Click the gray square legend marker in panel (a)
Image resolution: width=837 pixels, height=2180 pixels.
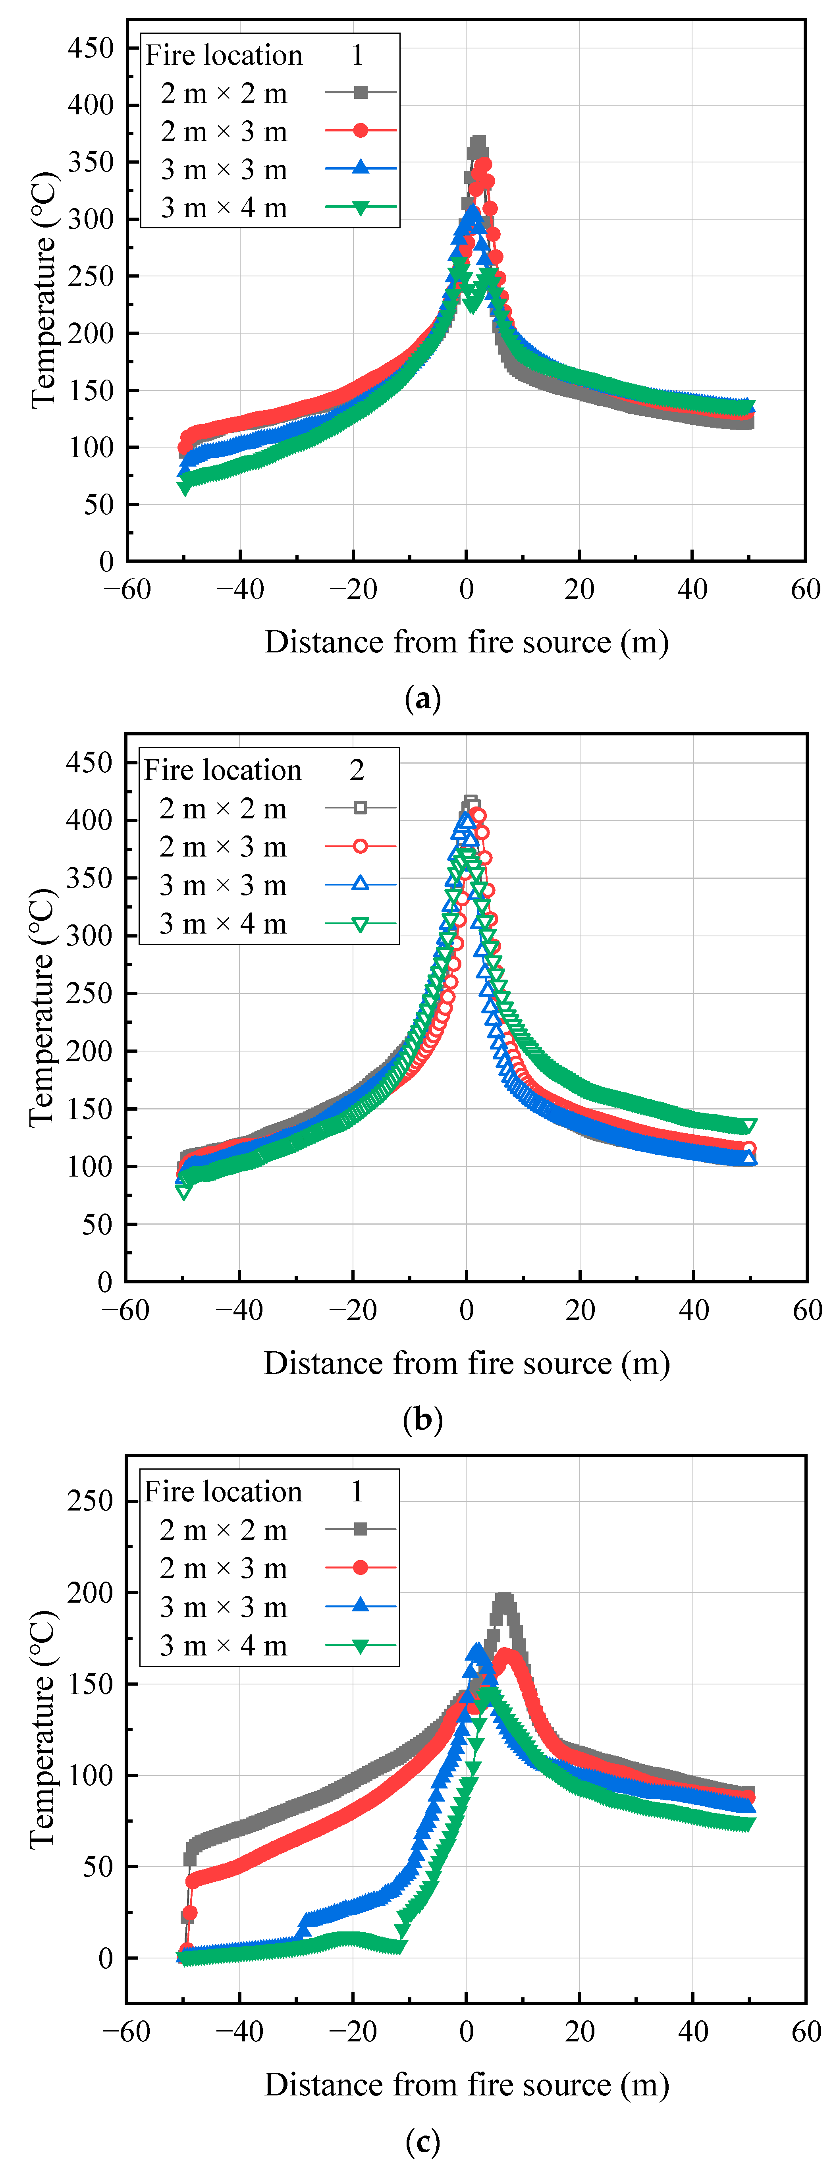[361, 92]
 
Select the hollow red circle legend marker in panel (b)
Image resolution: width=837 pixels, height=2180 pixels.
[361, 846]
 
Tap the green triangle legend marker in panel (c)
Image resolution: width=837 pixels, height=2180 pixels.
[361, 1646]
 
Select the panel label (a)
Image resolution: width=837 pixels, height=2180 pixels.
[423, 699]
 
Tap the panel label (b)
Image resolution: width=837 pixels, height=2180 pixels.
[423, 1419]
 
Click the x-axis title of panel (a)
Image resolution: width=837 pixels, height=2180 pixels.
[466, 642]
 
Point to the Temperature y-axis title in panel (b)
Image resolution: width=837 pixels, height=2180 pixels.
[42, 1007]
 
